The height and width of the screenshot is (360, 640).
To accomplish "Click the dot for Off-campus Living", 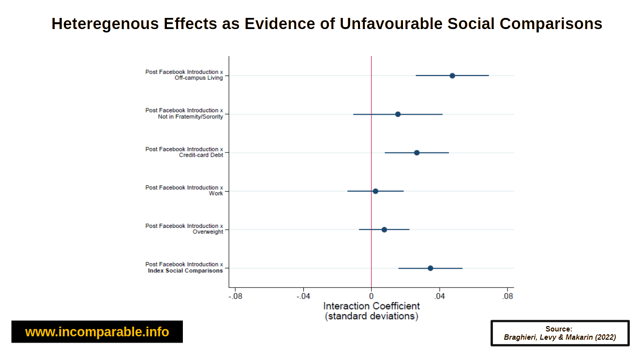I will pyautogui.click(x=452, y=75).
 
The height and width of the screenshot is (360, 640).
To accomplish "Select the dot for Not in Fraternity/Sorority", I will pyautogui.click(x=398, y=114).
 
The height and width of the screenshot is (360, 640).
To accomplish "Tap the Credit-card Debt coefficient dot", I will pyautogui.click(x=417, y=152).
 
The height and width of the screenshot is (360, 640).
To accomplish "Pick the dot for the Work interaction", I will pyautogui.click(x=375, y=191).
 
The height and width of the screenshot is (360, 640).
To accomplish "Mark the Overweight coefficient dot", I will pyautogui.click(x=384, y=229).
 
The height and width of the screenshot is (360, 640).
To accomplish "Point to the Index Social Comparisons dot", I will pyautogui.click(x=430, y=268).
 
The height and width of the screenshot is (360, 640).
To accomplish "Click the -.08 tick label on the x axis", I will pyautogui.click(x=235, y=296).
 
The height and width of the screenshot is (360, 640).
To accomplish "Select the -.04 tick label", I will pyautogui.click(x=303, y=296).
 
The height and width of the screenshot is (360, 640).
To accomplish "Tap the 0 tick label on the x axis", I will pyautogui.click(x=371, y=296).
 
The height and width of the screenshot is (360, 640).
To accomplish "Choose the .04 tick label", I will pyautogui.click(x=439, y=296).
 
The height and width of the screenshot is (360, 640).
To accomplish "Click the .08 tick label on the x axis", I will pyautogui.click(x=507, y=296).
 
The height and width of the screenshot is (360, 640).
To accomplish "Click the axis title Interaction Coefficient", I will pyautogui.click(x=371, y=306).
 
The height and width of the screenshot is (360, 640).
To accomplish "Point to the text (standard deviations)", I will pyautogui.click(x=371, y=316).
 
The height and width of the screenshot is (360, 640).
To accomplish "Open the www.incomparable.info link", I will pyautogui.click(x=97, y=332).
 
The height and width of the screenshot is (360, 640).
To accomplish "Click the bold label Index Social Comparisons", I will pyautogui.click(x=185, y=271).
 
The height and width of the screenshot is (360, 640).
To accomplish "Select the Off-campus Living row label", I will pyautogui.click(x=199, y=78).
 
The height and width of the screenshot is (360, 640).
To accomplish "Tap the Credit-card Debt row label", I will pyautogui.click(x=201, y=155).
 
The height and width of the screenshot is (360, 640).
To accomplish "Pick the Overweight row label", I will pyautogui.click(x=208, y=232).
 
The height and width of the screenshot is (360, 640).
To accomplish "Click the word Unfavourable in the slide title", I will pyautogui.click(x=391, y=23).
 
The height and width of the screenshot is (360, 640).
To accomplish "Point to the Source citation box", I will pyautogui.click(x=560, y=333).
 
